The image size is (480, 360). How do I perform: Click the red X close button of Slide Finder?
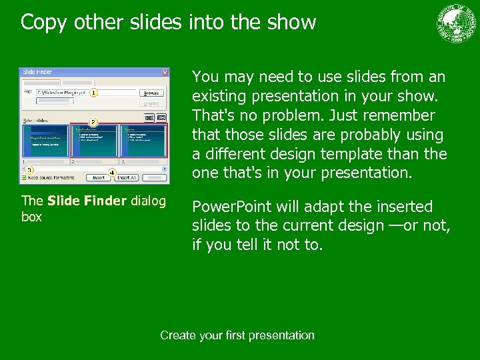tap(165, 72)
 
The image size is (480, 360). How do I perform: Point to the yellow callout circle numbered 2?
tap(94, 123)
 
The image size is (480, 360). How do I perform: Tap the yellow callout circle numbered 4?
tap(112, 173)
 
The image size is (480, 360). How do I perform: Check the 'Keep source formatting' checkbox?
tap(24, 178)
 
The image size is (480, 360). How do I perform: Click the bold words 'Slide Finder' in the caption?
tap(87, 201)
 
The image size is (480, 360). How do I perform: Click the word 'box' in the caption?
tap(31, 217)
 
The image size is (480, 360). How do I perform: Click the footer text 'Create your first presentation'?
tap(237, 335)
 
